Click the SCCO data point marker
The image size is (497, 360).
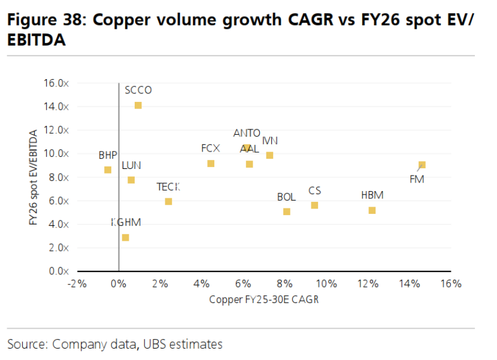[x=138, y=105]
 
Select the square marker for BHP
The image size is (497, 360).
[x=108, y=170]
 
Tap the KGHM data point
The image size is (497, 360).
[x=125, y=237]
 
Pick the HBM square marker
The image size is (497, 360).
[x=372, y=210]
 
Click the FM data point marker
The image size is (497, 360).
[x=422, y=165]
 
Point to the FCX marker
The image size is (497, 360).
[x=211, y=164]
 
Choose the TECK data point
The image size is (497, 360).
[x=168, y=201]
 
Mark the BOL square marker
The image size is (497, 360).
[x=287, y=211]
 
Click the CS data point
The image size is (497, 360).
[x=314, y=205]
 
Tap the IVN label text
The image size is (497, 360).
[x=270, y=141]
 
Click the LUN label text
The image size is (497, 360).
[x=131, y=165]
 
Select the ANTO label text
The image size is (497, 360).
[x=247, y=133]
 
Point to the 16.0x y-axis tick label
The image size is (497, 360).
[x=57, y=83]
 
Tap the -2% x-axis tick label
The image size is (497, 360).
[x=77, y=283]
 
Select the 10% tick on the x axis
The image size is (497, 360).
[x=326, y=283]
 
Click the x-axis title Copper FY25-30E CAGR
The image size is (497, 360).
[x=263, y=300]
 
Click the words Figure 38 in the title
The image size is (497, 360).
[x=46, y=20]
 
